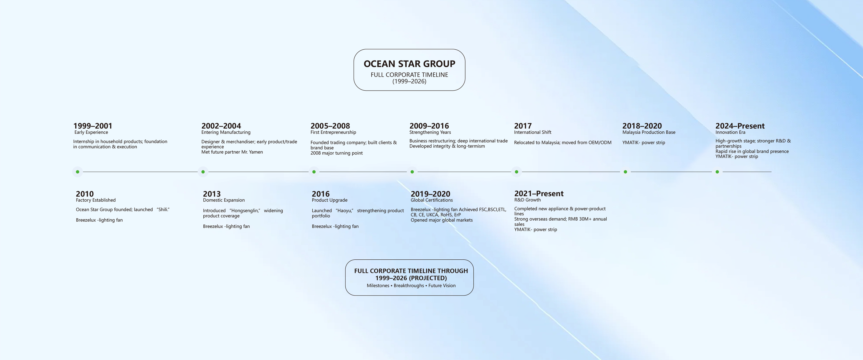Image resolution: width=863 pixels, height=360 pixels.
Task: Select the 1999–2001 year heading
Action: [93, 126]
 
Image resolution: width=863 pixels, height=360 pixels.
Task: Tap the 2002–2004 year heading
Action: [221, 126]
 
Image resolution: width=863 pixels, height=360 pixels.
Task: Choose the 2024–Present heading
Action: [740, 126]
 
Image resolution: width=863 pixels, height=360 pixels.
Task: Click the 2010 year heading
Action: [85, 194]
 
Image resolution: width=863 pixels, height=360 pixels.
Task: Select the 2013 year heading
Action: [212, 194]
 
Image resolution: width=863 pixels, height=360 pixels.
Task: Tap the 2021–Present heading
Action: [539, 194]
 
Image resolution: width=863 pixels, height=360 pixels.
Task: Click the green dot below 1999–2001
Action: [77, 172]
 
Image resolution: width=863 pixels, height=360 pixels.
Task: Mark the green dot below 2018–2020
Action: [625, 172]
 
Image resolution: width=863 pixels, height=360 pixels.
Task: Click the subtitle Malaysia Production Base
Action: [649, 132]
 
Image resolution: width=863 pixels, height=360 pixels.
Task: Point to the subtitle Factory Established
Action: [96, 200]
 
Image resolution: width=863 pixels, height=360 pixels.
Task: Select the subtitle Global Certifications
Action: [431, 200]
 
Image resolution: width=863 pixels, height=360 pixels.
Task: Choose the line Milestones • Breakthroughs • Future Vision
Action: [411, 286]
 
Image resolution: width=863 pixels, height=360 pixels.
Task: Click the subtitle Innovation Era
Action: [730, 132]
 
